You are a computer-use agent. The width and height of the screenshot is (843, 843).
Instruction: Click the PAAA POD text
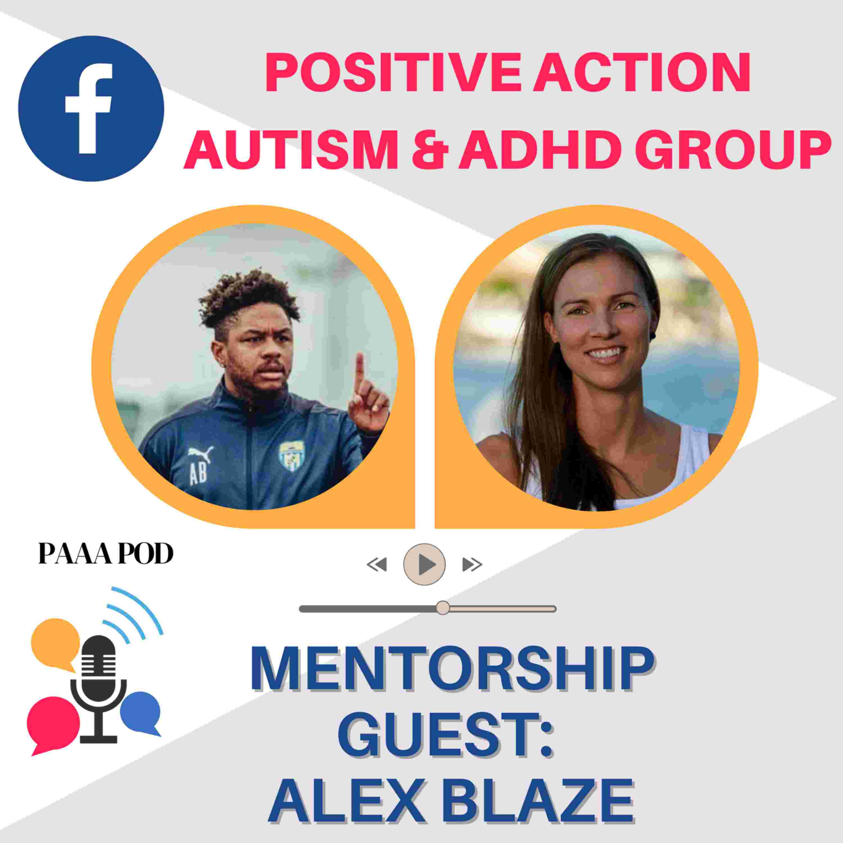click(x=106, y=554)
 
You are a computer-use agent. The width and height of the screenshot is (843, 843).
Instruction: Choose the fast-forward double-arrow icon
click(x=472, y=565)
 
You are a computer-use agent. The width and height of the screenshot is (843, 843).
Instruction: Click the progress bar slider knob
click(x=443, y=608)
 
